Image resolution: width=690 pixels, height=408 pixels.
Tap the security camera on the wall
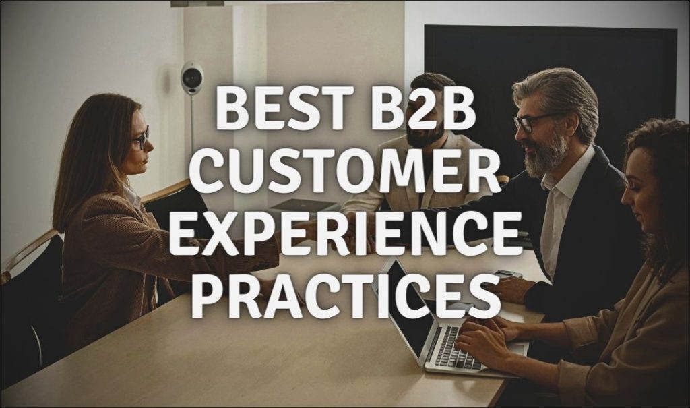coord(193,78)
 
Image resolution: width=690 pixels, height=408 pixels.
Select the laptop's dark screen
coord(404,303)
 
